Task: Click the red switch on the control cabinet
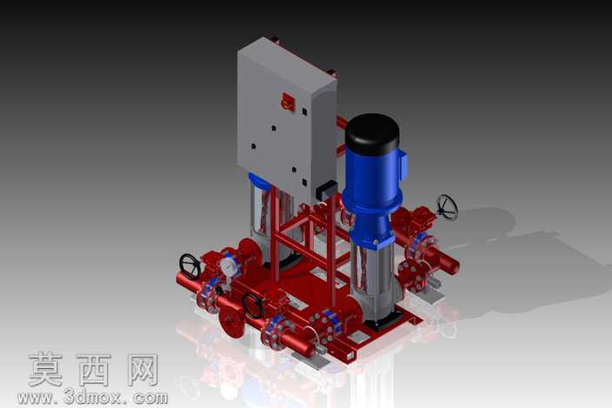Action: coord(287,101)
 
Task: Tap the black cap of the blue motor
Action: coord(372,133)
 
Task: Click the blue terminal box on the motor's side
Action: coord(402,164)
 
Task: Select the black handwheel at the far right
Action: coord(448,207)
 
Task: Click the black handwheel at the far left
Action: coord(190,267)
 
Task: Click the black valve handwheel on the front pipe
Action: coord(252,305)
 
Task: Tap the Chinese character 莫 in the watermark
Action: coord(46,369)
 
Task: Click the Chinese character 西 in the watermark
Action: coord(95,370)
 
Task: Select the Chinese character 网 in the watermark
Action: coord(143,370)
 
